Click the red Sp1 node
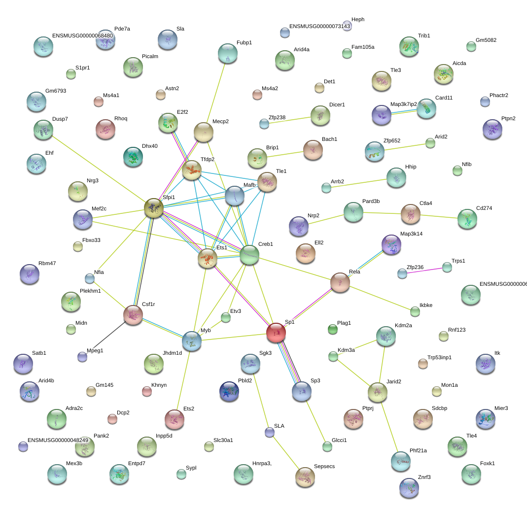276,333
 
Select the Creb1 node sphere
249,255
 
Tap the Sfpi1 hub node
154,208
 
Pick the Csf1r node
133,314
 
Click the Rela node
340,282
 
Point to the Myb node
191,340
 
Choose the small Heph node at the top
347,26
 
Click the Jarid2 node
377,392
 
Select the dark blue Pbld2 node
229,391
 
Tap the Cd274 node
467,219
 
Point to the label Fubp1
244,43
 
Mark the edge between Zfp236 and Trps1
424,270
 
